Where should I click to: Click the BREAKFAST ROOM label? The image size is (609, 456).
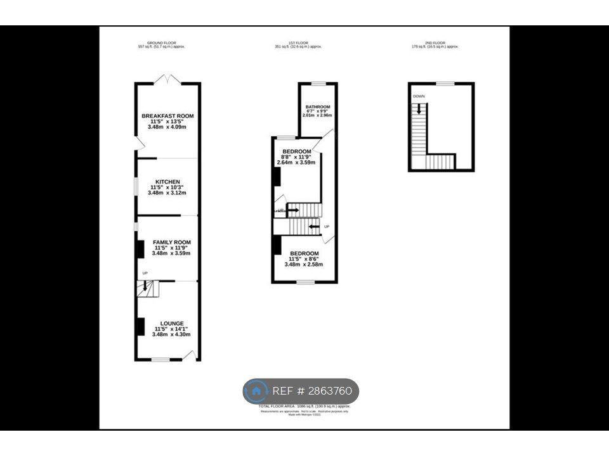point(167,116)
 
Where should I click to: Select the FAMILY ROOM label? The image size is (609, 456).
point(171,243)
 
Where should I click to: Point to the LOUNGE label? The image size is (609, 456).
point(171,323)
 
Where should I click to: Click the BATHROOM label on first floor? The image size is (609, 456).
point(318,106)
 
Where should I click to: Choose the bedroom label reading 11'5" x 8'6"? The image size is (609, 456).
point(304,253)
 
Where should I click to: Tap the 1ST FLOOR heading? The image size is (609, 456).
point(298,43)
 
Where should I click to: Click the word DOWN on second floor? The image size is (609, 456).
point(419,96)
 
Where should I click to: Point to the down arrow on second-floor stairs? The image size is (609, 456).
point(419,108)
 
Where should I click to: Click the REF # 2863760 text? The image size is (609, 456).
point(312,391)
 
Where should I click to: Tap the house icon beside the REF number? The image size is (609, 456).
point(257,391)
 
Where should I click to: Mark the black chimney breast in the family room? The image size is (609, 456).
point(138,248)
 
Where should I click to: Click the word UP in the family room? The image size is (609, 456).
point(145,273)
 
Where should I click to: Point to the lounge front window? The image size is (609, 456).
point(160,360)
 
